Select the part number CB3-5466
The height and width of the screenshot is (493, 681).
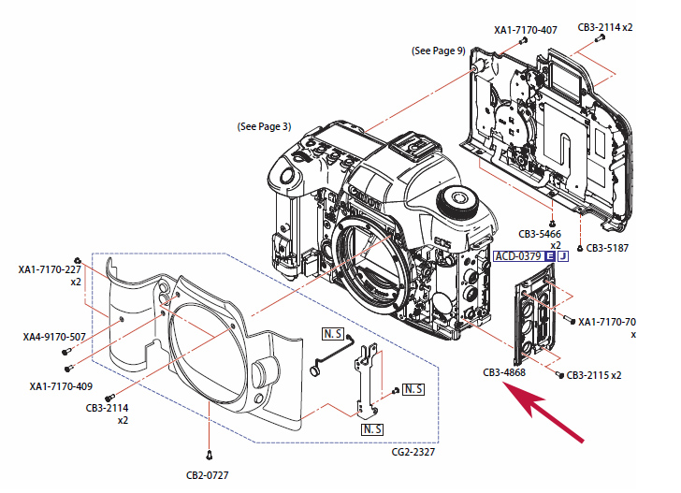click(541, 234)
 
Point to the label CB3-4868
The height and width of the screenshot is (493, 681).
click(505, 372)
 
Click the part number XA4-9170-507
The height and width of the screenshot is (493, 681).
click(54, 337)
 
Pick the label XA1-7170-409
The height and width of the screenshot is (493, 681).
click(61, 385)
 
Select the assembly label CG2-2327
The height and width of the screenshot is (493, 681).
click(412, 453)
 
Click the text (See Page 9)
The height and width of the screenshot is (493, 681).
click(439, 51)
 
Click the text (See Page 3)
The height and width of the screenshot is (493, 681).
click(265, 126)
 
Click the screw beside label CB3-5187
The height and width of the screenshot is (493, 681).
click(581, 249)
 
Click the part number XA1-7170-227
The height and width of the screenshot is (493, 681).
click(51, 269)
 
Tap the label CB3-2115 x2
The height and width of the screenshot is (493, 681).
click(594, 375)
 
